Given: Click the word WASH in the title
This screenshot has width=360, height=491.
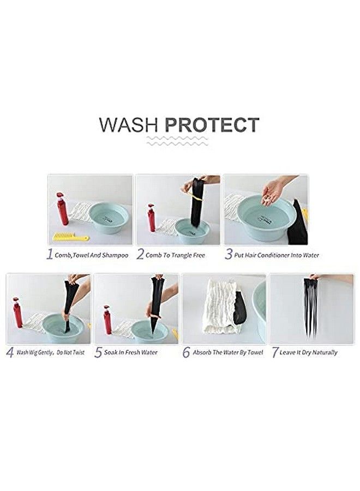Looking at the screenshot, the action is click(x=129, y=124).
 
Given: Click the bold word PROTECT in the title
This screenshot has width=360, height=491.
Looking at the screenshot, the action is click(x=212, y=124).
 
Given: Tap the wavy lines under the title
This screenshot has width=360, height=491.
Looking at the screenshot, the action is click(x=177, y=141).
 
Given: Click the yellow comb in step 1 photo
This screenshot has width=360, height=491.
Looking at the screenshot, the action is click(x=71, y=236).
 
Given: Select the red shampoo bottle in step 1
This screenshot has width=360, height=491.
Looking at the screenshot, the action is click(x=62, y=209).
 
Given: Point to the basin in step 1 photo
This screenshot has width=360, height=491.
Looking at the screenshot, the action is click(x=109, y=218).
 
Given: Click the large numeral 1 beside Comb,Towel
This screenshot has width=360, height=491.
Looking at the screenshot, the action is click(x=50, y=254).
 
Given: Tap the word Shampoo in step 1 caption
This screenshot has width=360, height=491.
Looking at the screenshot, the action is click(x=115, y=255).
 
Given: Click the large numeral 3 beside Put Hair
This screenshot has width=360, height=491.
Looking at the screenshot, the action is click(x=229, y=254).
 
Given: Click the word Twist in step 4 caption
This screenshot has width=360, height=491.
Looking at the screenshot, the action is click(x=78, y=352).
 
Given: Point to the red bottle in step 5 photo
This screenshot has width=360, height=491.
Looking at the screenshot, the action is click(x=107, y=319).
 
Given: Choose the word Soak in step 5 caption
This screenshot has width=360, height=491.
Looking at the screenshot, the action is click(x=111, y=352).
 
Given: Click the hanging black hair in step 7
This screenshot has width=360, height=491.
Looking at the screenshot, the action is click(x=310, y=305).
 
